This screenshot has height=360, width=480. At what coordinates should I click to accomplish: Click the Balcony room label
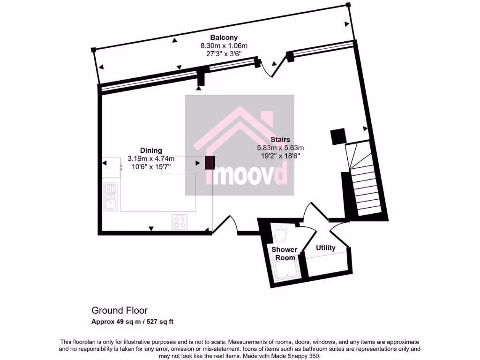tap(224, 37)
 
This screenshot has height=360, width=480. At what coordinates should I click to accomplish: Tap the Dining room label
tap(150, 150)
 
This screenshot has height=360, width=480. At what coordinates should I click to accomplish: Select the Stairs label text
tap(280, 139)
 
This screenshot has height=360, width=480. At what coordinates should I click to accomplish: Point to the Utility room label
tap(325, 247)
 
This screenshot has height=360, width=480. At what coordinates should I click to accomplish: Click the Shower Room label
tap(284, 254)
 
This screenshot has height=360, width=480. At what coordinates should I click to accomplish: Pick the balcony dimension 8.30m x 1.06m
tap(224, 45)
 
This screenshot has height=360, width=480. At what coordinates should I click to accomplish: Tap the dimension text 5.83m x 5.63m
tap(280, 147)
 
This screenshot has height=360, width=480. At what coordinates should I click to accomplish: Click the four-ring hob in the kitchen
tap(180, 221)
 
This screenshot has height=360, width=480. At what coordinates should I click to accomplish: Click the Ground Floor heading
tap(119, 310)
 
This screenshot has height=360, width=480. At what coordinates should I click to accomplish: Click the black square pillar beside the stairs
tap(337, 136)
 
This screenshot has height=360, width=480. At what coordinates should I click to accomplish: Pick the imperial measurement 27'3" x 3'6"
tap(224, 53)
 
